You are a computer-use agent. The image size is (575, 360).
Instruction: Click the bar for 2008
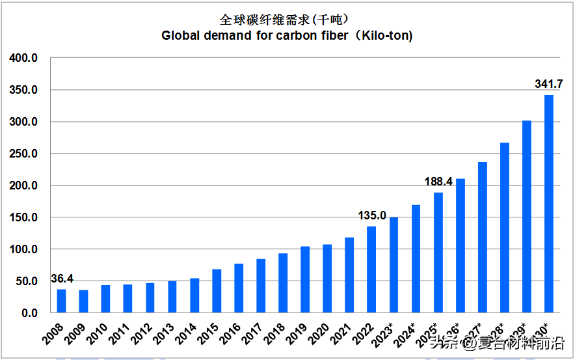click(x=61, y=301)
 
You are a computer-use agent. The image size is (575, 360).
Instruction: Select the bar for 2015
click(x=217, y=291)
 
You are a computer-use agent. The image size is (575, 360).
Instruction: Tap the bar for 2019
click(x=305, y=280)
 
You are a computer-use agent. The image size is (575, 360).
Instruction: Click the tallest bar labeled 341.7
click(x=549, y=204)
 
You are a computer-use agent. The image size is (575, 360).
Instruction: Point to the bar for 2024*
click(x=416, y=259)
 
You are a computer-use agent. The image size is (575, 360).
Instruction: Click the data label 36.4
click(x=62, y=279)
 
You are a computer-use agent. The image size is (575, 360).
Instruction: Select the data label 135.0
click(x=372, y=215)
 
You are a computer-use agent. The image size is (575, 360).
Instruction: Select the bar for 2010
click(x=105, y=299)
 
